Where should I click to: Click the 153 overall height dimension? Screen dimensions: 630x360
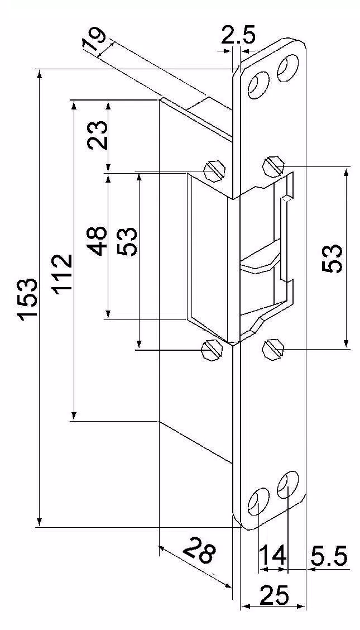click(28, 299)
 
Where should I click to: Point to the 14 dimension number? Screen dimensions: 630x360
click(272, 556)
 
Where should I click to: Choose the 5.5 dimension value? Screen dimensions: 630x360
click(329, 556)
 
